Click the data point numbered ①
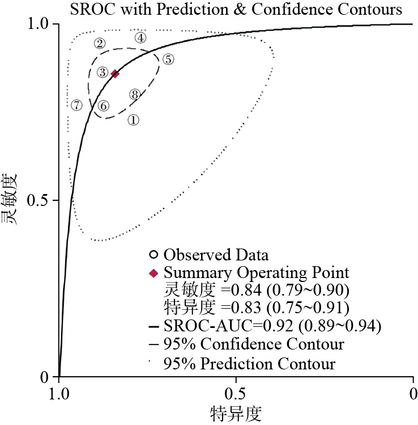[133, 120]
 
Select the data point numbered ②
[100, 43]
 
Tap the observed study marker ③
[102, 71]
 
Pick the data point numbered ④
[140, 38]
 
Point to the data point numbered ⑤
[168, 59]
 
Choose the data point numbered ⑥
[103, 106]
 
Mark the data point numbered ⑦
[77, 105]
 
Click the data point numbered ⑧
[134, 94]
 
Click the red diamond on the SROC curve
[115, 74]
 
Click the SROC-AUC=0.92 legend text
[272, 326]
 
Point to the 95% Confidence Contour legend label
[254, 344]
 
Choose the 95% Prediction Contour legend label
[249, 363]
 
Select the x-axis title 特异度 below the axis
[236, 413]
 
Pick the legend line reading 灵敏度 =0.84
[256, 291]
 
